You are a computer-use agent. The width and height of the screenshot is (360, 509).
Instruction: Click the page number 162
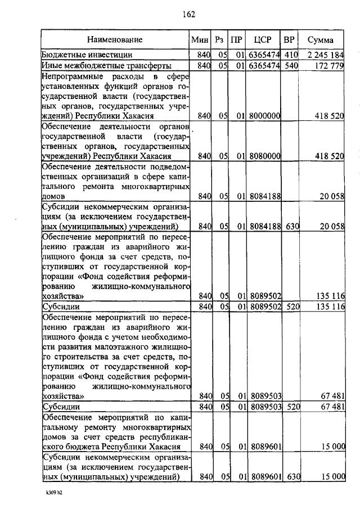pyautogui.click(x=188, y=14)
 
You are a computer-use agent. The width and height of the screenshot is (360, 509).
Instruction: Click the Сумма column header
pyautogui.click(x=320, y=40)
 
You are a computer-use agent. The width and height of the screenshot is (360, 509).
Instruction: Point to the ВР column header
pyautogui.click(x=289, y=40)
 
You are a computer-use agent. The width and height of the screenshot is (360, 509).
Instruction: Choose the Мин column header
pyautogui.click(x=200, y=40)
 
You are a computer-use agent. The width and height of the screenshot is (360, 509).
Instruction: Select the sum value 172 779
pyautogui.click(x=329, y=66)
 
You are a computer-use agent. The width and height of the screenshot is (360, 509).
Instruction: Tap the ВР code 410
pyautogui.click(x=290, y=55)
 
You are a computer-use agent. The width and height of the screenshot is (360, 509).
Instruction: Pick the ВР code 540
pyautogui.click(x=290, y=66)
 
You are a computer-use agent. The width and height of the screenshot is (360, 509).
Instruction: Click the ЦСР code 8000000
pyautogui.click(x=264, y=115)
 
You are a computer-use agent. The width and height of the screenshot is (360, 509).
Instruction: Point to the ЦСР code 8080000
pyautogui.click(x=264, y=156)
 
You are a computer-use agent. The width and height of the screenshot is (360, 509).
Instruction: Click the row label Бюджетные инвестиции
pyautogui.click(x=87, y=55)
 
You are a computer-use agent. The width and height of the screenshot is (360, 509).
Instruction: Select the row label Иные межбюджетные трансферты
pyautogui.click(x=98, y=66)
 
